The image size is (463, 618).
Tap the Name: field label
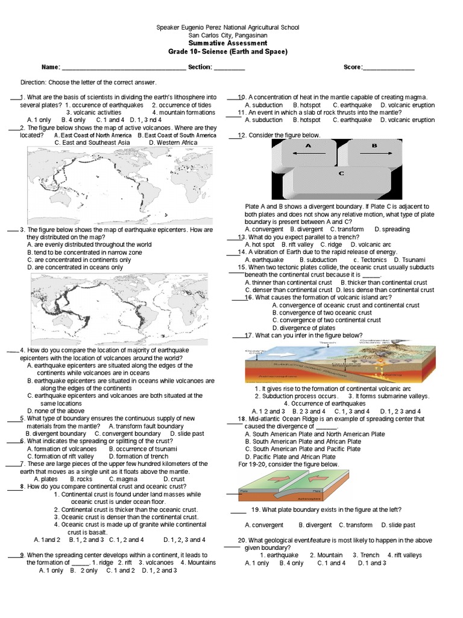click(x=51, y=67)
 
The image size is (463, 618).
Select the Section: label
click(x=200, y=67)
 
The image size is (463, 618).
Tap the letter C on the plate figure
click(x=341, y=174)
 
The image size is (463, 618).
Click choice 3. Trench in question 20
click(x=366, y=555)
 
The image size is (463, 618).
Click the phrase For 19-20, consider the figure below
click(x=288, y=465)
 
